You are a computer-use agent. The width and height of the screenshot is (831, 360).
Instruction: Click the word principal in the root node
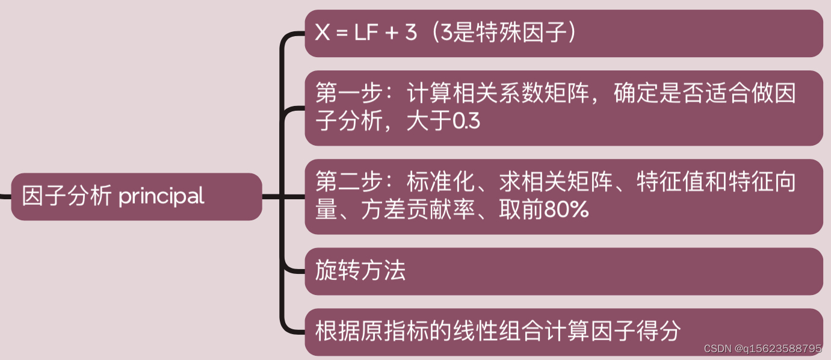pos(161,197)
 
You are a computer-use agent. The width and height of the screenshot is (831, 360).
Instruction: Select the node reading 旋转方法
pos(360,271)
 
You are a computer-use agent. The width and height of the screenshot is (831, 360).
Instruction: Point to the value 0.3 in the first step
pos(466,122)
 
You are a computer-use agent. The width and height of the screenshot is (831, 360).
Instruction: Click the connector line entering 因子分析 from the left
pos(5,196)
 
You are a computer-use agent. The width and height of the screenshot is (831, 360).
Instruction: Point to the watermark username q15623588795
pos(782,349)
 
